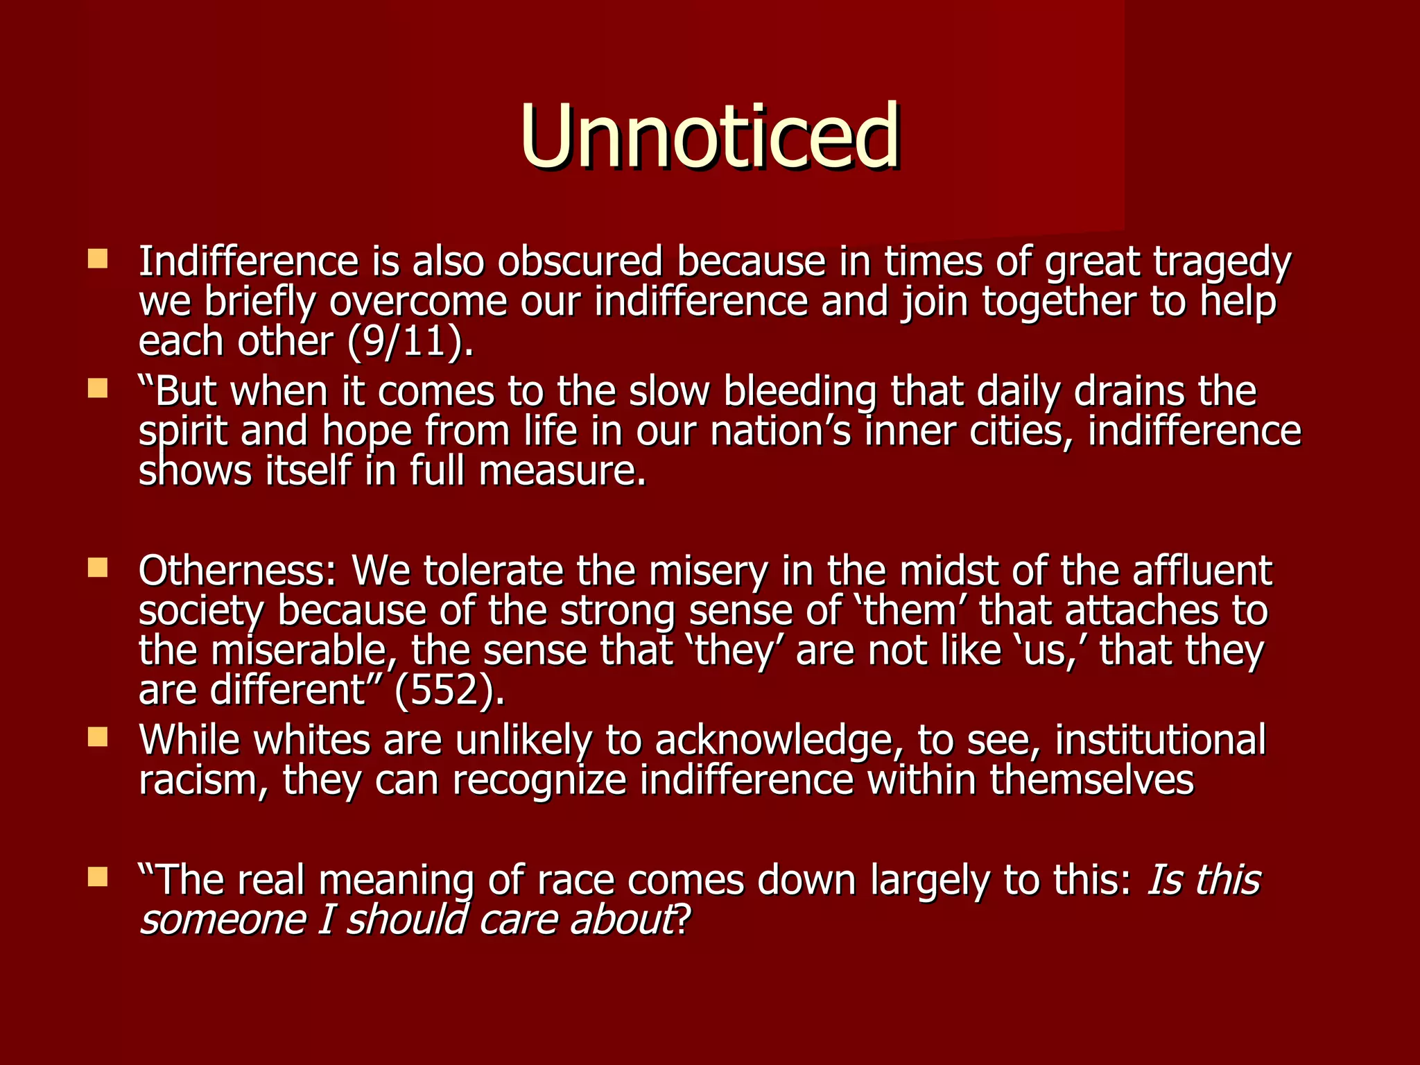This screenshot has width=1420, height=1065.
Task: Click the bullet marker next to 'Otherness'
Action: (98, 569)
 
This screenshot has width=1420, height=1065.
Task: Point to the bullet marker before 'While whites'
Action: (98, 737)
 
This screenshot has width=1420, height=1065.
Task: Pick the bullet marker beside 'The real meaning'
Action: (98, 877)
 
